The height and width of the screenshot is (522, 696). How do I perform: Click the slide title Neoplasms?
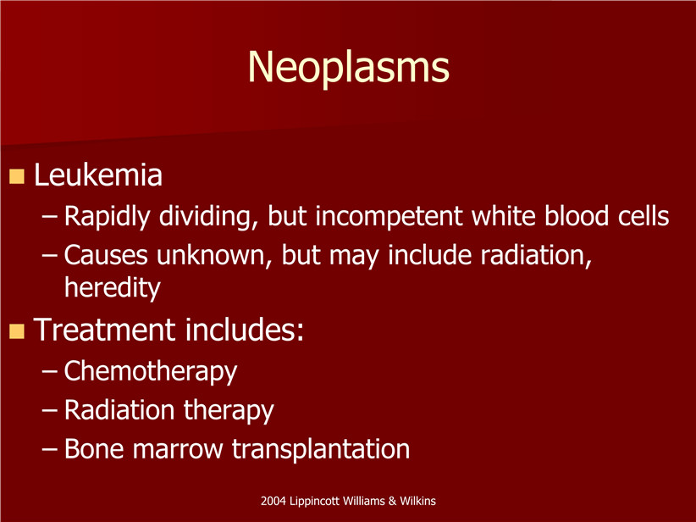pyautogui.click(x=349, y=68)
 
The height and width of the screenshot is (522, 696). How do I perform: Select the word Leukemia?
pyautogui.click(x=98, y=175)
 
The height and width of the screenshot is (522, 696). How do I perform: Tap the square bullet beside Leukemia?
pyautogui.click(x=16, y=176)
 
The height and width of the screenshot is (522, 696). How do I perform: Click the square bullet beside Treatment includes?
pyautogui.click(x=16, y=331)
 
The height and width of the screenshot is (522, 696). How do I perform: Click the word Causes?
pyautogui.click(x=106, y=255)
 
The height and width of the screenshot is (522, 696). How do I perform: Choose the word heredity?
pyautogui.click(x=113, y=288)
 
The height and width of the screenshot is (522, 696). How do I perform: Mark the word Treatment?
pyautogui.click(x=104, y=330)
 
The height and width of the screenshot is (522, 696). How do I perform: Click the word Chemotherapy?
pyautogui.click(x=151, y=371)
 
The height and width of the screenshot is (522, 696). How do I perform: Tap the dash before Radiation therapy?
pyautogui.click(x=49, y=410)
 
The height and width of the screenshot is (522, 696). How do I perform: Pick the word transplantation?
pyautogui.click(x=320, y=449)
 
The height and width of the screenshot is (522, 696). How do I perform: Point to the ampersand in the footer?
pyautogui.click(x=392, y=501)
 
